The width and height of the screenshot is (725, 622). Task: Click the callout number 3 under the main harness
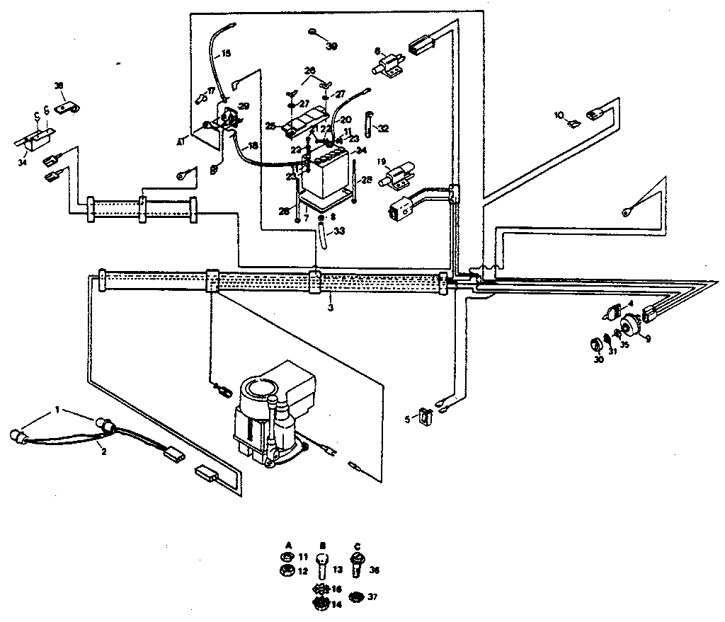tap(330, 309)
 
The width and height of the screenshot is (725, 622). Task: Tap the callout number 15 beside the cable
tap(226, 53)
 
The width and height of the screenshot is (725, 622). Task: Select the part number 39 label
tap(332, 46)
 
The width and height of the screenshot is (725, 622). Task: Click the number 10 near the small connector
tap(559, 114)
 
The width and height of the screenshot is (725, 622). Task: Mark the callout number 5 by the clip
tap(406, 419)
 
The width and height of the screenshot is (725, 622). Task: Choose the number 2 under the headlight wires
tap(103, 451)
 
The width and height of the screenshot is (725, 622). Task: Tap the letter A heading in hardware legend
tap(288, 546)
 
